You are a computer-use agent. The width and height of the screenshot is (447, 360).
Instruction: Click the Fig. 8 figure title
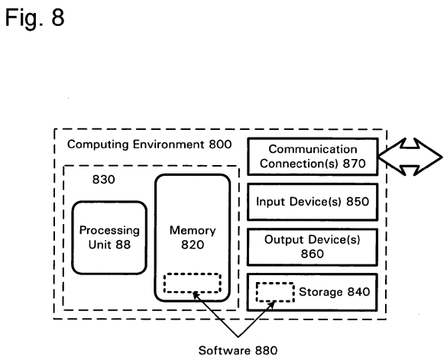pos(35,18)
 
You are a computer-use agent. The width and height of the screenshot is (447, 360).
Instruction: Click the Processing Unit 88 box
pos(109,238)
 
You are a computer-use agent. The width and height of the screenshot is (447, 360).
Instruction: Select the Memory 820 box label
pos(193,238)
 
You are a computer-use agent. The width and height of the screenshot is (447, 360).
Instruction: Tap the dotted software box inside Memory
pos(193,283)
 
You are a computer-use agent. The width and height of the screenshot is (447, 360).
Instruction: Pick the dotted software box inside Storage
pos(275,292)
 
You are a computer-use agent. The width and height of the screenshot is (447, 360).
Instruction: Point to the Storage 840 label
pos(334,291)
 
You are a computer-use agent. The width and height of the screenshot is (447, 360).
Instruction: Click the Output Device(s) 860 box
pos(313,247)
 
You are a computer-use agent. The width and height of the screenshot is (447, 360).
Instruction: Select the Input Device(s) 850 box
pos(313,202)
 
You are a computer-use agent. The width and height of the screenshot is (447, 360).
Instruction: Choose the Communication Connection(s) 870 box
pos(313,157)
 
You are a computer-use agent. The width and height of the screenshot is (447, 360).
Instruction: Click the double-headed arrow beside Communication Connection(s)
pos(410,157)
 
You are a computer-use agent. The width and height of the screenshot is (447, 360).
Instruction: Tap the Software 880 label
pos(238,350)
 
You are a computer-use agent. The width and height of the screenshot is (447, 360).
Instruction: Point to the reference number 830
pos(103,180)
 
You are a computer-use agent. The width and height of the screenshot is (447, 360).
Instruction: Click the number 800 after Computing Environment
pos(220,144)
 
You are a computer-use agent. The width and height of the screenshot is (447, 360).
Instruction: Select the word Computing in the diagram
pos(98,144)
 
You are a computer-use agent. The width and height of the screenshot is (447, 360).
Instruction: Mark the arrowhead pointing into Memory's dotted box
pos(196,295)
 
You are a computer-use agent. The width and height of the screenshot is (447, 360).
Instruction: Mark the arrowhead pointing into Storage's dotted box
pos(272,304)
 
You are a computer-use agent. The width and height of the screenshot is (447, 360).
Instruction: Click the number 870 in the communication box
pos(354,164)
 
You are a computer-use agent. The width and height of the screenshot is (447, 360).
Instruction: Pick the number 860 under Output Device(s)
pos(313,254)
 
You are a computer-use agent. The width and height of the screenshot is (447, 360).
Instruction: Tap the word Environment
pos(168,144)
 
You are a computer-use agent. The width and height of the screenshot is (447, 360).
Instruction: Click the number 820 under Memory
pos(193,245)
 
